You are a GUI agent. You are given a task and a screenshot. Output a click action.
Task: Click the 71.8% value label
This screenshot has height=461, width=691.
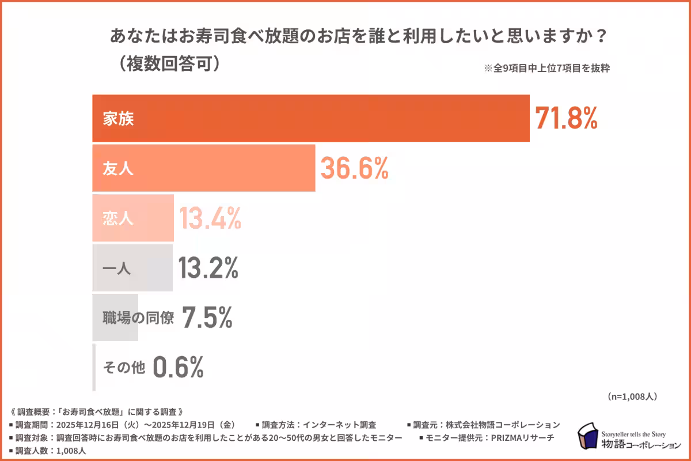point(567,118)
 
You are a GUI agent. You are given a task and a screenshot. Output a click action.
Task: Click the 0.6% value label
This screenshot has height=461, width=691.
point(179,367)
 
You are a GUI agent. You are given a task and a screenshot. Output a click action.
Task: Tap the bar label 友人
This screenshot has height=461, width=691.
point(117,168)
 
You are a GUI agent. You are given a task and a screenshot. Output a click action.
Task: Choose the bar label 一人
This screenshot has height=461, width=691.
point(117,268)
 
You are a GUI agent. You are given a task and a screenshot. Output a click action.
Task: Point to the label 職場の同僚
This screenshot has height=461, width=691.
point(138,318)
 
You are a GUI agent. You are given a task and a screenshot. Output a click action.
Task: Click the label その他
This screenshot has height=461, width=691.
point(124,368)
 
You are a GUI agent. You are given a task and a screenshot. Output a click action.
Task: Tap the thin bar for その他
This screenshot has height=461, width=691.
point(94,368)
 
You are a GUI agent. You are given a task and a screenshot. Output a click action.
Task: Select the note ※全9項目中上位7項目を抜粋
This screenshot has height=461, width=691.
point(547,67)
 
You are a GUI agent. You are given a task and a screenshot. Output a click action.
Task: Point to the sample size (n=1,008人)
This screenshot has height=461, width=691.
point(632,396)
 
